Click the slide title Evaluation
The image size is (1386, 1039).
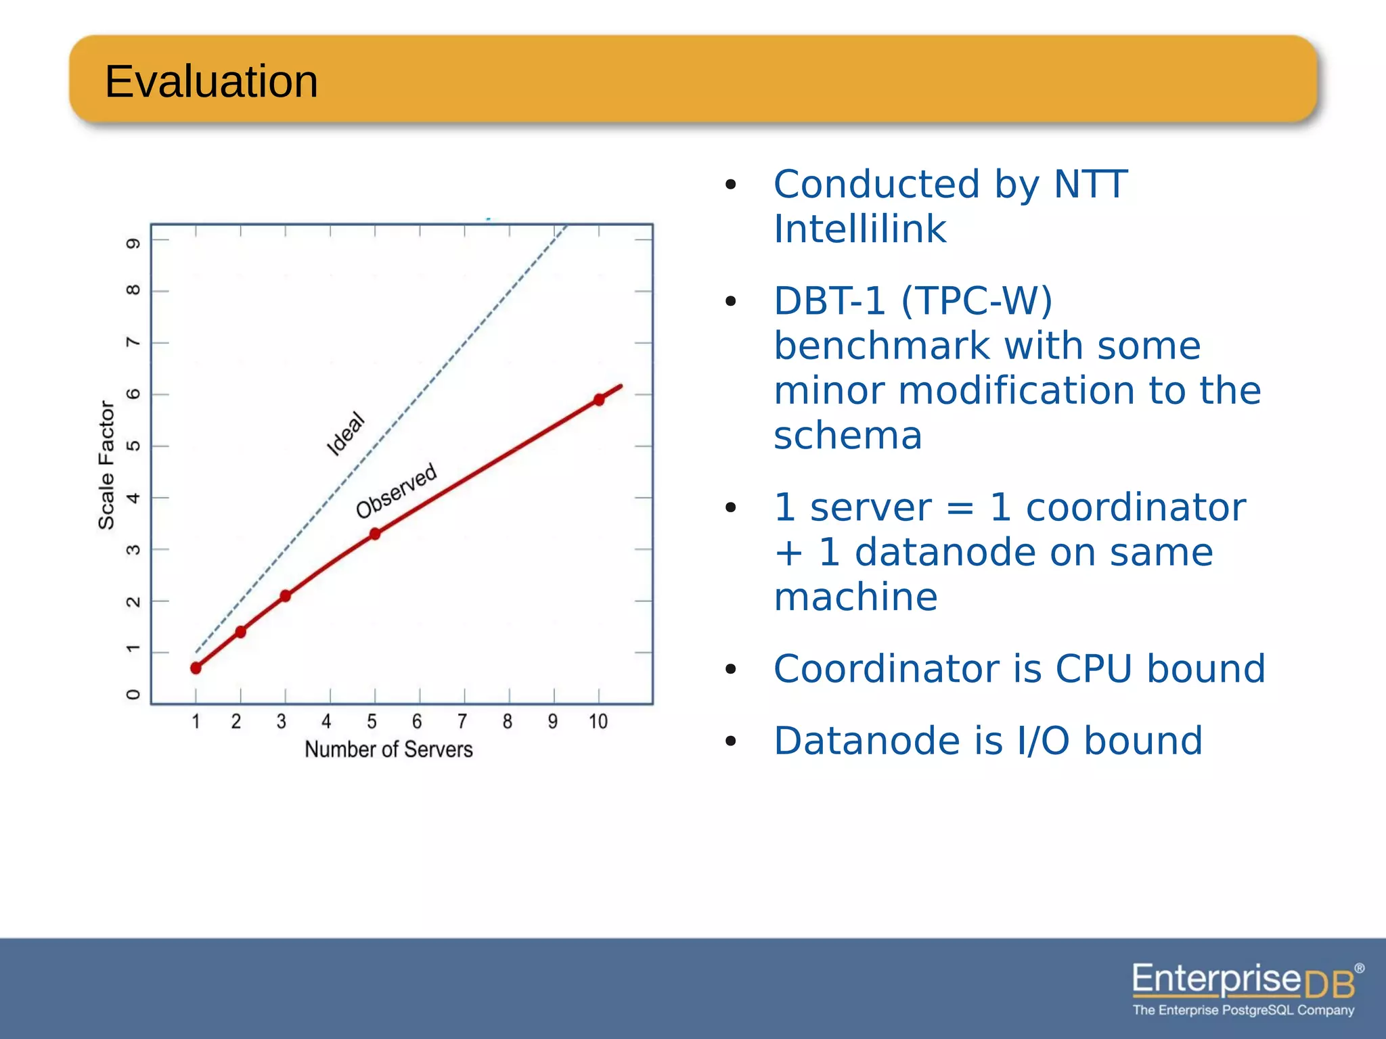point(211,82)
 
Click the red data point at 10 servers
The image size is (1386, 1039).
point(599,400)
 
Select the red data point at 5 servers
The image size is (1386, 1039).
point(375,534)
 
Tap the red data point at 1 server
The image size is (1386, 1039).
point(196,668)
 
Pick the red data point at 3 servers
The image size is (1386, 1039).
point(286,596)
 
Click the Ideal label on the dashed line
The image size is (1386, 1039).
point(346,434)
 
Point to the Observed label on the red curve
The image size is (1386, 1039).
point(397,491)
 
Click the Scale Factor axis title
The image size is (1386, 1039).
point(106,465)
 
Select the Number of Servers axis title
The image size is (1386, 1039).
point(388,749)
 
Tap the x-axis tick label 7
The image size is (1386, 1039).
point(462,722)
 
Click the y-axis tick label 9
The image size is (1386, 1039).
point(133,243)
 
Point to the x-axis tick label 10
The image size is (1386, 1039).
point(598,722)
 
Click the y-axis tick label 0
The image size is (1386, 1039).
point(133,695)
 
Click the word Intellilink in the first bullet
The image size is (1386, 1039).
point(859,229)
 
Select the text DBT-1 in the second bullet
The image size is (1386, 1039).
point(829,301)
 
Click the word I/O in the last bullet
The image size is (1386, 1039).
point(1043,741)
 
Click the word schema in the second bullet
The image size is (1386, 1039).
point(848,436)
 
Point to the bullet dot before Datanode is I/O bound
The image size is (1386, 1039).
point(730,742)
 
